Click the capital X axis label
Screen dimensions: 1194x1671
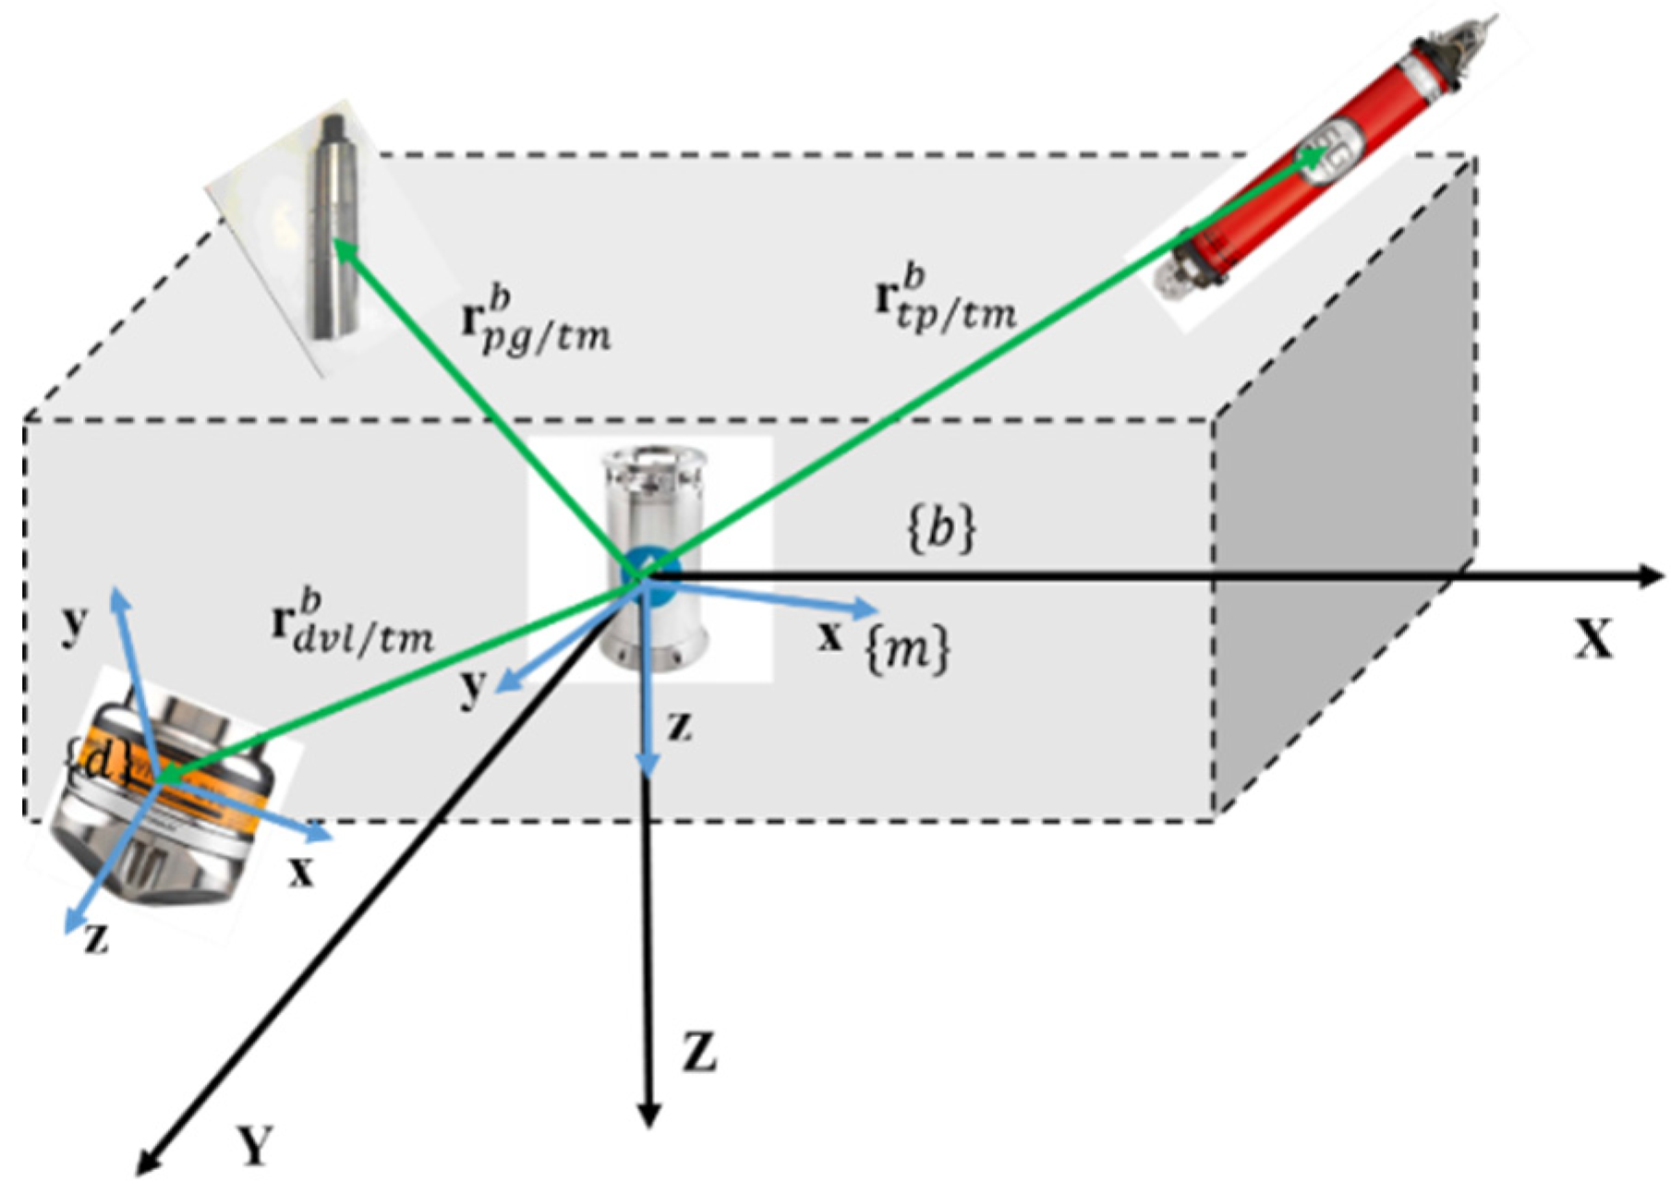point(1593,638)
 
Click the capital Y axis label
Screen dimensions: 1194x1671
point(254,1145)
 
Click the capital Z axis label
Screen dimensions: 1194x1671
point(700,1054)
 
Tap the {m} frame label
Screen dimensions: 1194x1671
point(906,651)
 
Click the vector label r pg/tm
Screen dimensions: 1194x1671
point(535,324)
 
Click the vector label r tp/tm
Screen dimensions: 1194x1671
point(945,301)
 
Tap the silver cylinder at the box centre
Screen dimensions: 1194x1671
point(652,554)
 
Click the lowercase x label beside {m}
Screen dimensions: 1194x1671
point(830,636)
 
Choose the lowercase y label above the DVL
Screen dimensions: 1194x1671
point(73,625)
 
